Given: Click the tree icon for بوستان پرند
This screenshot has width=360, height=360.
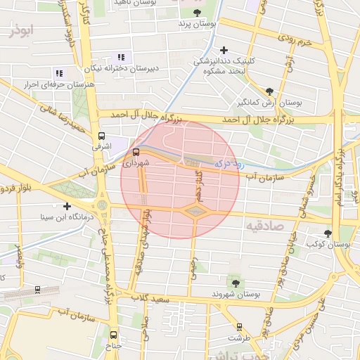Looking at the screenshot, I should pyautogui.click(x=196, y=13).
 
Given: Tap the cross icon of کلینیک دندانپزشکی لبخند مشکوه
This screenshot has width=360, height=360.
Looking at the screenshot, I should pyautogui.click(x=224, y=50).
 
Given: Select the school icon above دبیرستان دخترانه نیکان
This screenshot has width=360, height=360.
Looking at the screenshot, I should pyautogui.click(x=120, y=57).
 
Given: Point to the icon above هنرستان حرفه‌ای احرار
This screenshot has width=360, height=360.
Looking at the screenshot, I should pyautogui.click(x=59, y=72).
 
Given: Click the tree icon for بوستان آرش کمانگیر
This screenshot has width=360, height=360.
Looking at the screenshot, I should pyautogui.click(x=270, y=91).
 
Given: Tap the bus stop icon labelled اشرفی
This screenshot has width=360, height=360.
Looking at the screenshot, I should pyautogui.click(x=102, y=136).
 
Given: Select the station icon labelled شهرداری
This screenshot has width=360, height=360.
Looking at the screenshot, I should pyautogui.click(x=136, y=151).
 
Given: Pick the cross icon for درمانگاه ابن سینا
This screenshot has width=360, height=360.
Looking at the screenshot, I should pyautogui.click(x=67, y=206).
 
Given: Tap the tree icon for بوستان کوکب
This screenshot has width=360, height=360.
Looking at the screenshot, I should pyautogui.click(x=328, y=233).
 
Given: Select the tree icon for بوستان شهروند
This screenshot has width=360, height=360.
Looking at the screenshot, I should pyautogui.click(x=235, y=283).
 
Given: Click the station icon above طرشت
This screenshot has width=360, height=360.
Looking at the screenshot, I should pyautogui.click(x=240, y=326).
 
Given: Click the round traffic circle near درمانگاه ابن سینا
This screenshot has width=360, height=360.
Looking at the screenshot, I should pyautogui.click(x=103, y=206).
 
